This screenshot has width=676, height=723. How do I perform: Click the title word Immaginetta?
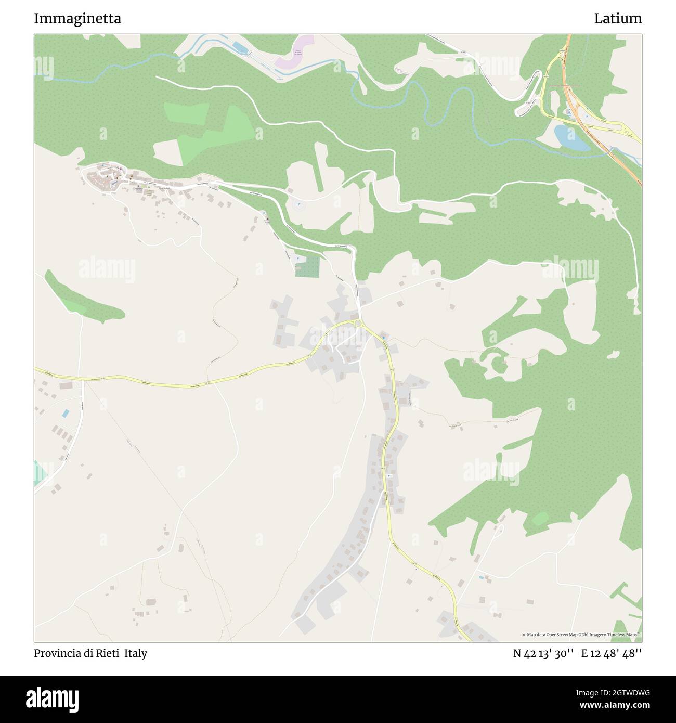(x=77, y=19)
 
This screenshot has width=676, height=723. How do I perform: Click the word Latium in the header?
(x=618, y=19)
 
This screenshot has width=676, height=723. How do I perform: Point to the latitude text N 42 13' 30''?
(x=543, y=653)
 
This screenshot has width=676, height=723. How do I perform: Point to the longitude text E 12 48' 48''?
(x=612, y=653)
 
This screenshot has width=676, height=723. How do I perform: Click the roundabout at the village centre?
(x=358, y=323)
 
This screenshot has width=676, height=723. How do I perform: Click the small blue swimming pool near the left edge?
(x=65, y=414)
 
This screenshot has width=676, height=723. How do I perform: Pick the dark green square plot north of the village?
(x=307, y=266)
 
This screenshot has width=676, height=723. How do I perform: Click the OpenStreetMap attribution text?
(x=581, y=635)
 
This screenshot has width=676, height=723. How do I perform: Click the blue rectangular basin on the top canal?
(x=240, y=48)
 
